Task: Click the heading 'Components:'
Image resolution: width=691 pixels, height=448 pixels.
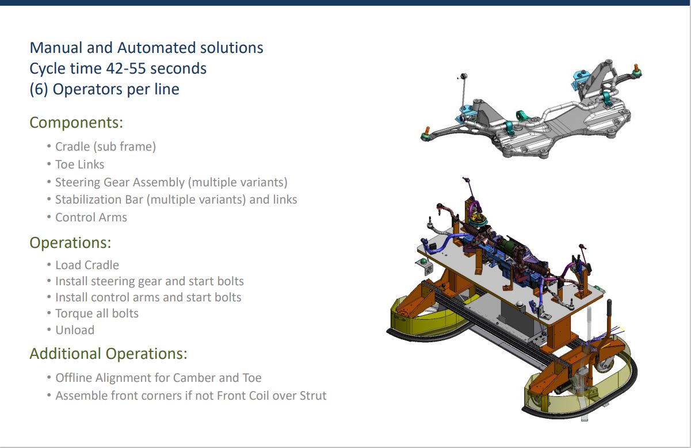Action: (76, 122)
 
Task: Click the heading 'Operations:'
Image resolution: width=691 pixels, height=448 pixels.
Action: (70, 243)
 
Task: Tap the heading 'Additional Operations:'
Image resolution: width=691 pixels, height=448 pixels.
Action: (108, 354)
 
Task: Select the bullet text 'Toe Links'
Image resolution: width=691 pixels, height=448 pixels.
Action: (79, 164)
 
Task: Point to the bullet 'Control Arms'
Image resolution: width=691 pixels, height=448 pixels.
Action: (91, 217)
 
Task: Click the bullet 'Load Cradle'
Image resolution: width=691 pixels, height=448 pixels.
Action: (87, 265)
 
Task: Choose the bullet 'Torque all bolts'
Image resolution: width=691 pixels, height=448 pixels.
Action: (97, 313)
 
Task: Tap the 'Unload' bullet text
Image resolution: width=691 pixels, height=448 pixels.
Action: (75, 330)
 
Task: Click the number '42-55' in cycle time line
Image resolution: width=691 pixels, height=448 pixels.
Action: (126, 68)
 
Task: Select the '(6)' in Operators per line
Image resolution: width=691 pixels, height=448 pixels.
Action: (39, 89)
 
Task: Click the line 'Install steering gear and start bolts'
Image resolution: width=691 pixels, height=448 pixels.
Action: (150, 281)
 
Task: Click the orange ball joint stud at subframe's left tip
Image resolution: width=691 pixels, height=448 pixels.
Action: (427, 131)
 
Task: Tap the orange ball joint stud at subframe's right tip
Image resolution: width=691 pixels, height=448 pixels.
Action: (635, 67)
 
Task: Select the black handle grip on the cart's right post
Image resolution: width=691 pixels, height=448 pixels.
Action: (609, 308)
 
